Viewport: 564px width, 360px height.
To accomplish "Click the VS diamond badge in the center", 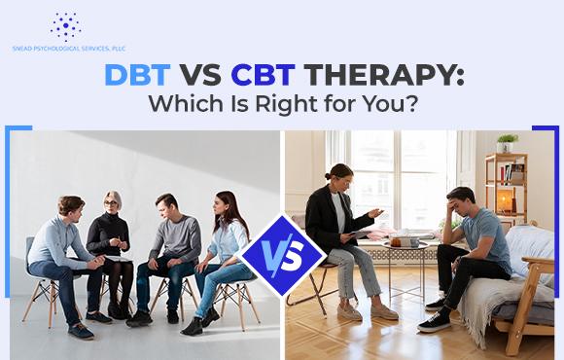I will coord(282,256).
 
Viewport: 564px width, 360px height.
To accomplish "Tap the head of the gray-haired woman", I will coord(113,201).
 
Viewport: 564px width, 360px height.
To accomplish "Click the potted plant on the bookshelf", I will coord(508,143).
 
